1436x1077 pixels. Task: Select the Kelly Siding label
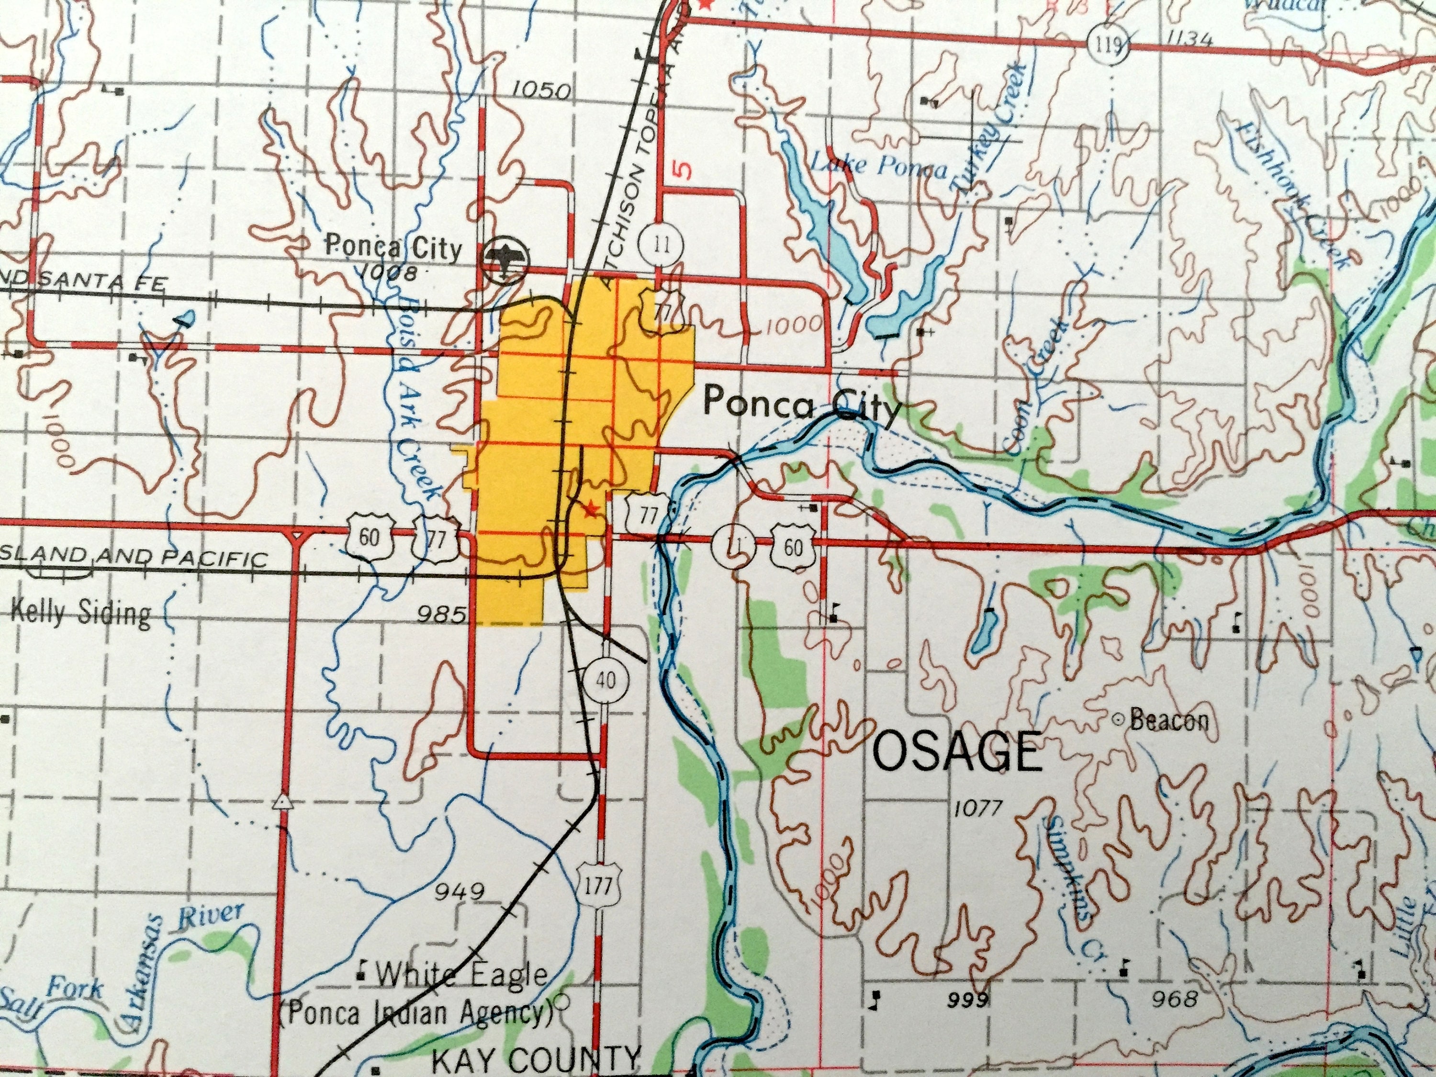click(x=81, y=612)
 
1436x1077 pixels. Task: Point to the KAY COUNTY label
click(x=536, y=1061)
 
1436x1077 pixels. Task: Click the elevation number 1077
click(x=979, y=809)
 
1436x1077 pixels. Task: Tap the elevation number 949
click(x=460, y=891)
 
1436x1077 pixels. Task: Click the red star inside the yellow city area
click(x=589, y=510)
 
